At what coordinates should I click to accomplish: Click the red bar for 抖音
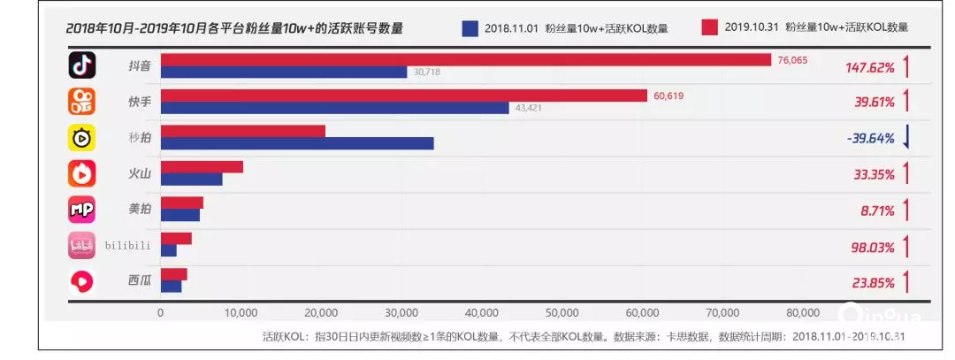465,59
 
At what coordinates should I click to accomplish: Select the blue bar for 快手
334,108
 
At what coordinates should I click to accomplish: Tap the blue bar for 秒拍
297,143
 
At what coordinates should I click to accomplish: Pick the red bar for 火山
202,166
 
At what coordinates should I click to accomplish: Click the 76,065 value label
791,60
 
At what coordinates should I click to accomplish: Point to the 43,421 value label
529,108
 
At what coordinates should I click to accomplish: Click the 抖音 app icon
82,65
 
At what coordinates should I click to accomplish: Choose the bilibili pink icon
82,245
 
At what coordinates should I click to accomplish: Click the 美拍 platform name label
139,210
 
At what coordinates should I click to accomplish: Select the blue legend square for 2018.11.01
470,27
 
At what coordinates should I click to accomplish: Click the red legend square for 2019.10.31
708,27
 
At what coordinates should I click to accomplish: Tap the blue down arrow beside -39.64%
906,138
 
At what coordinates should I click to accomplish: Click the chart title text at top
234,28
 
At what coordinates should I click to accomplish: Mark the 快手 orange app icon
82,102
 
